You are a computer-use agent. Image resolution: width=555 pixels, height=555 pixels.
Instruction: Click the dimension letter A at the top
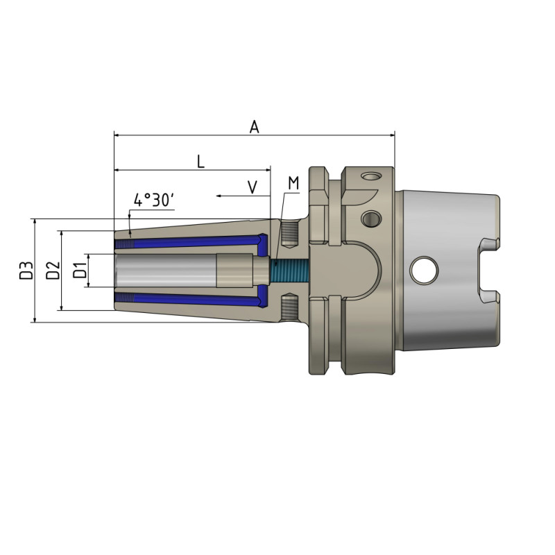[255, 127]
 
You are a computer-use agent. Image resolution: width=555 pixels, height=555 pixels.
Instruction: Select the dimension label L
[200, 162]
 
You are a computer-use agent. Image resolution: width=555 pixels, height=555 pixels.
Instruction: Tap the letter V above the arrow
[253, 187]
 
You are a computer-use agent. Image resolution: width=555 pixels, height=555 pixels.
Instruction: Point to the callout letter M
[293, 183]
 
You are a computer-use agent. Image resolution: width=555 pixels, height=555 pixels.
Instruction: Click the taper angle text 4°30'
[153, 200]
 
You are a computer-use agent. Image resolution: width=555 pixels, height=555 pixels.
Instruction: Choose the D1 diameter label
[80, 271]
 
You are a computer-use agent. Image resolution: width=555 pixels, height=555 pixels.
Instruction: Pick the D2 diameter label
[52, 271]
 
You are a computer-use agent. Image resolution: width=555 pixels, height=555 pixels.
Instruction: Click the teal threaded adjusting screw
[288, 270]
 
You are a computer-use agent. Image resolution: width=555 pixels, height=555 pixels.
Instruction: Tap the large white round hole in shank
[424, 271]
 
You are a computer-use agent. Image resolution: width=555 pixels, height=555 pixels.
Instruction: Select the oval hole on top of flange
[373, 176]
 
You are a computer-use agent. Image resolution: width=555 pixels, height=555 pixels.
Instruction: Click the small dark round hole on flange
[370, 219]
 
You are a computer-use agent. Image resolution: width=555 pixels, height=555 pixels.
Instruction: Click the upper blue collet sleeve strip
[194, 242]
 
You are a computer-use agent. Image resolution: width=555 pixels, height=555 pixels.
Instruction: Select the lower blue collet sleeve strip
[194, 298]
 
